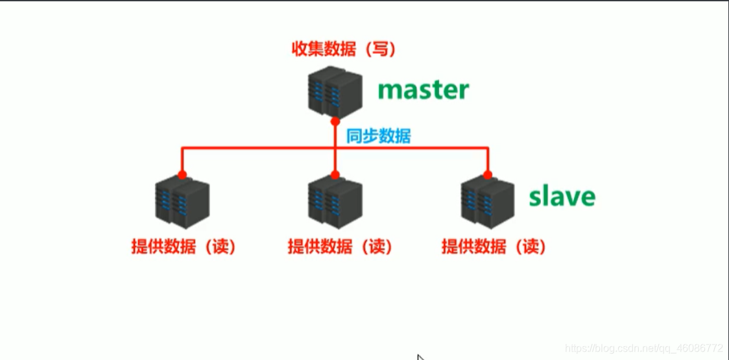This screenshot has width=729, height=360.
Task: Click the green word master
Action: pyautogui.click(x=423, y=90)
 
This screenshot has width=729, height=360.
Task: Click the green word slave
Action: pyautogui.click(x=562, y=196)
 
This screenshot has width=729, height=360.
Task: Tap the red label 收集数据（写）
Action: pyautogui.click(x=344, y=49)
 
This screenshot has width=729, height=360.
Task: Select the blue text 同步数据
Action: pyautogui.click(x=378, y=136)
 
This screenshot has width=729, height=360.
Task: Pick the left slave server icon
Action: pyautogui.click(x=182, y=201)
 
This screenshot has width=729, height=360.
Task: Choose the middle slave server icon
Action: pyautogui.click(x=335, y=201)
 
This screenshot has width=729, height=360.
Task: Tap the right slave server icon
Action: pyautogui.click(x=488, y=201)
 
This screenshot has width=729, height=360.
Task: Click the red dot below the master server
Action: pyautogui.click(x=335, y=121)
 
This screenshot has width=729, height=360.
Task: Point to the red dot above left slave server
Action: pyautogui.click(x=182, y=174)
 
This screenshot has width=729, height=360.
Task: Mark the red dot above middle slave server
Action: pyautogui.click(x=335, y=174)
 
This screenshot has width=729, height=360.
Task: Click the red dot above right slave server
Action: pyautogui.click(x=488, y=174)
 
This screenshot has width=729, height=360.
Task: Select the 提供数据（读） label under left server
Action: pyautogui.click(x=183, y=246)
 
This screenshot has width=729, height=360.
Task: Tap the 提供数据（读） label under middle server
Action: pyautogui.click(x=340, y=246)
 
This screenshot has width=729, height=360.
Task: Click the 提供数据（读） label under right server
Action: pyautogui.click(x=494, y=246)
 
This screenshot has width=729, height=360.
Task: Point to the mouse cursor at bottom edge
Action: pyautogui.click(x=420, y=357)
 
